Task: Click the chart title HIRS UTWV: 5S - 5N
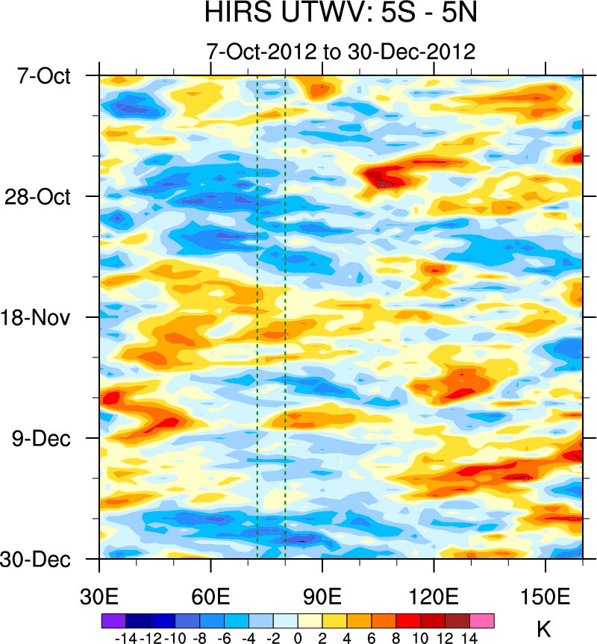[x=342, y=14]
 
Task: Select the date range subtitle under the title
[x=342, y=52]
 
